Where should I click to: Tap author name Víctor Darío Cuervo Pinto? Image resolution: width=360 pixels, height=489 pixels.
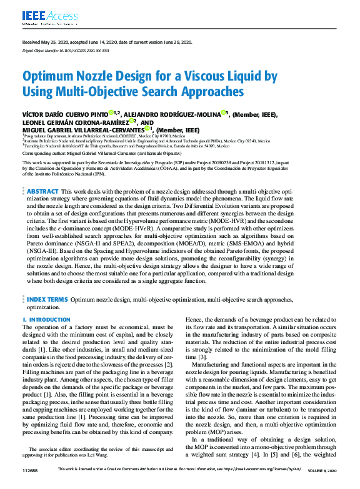point(73,114)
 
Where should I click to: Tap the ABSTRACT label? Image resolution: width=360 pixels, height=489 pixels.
point(43,191)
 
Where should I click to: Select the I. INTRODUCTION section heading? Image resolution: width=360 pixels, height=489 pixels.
point(47,320)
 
